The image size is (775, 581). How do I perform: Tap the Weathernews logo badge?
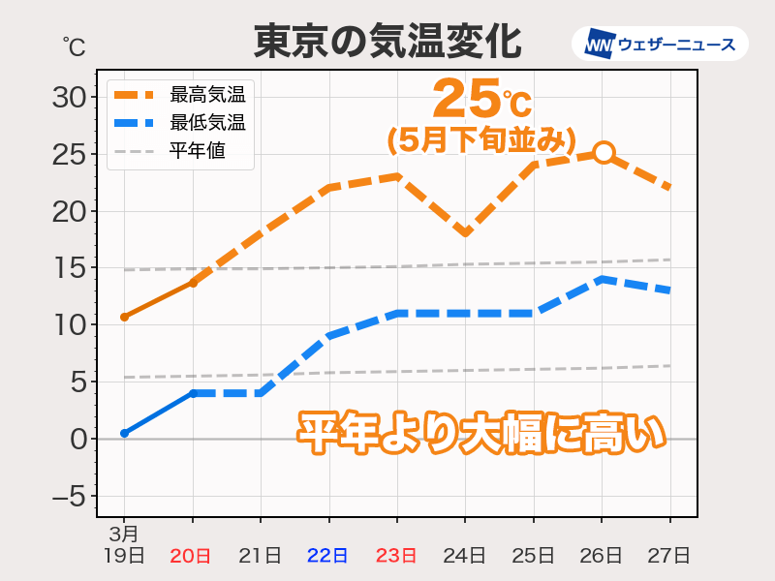(660, 45)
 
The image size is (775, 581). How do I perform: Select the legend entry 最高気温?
(206, 95)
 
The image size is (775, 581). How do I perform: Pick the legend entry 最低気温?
(206, 123)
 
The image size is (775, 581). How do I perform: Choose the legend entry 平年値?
(197, 151)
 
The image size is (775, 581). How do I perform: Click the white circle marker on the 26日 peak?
(604, 152)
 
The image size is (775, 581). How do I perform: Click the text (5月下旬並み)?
(475, 141)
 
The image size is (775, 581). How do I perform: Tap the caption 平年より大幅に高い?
(481, 432)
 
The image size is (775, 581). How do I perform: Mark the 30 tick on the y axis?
(69, 97)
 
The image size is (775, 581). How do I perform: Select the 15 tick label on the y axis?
(69, 268)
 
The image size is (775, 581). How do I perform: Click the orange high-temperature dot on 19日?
(124, 317)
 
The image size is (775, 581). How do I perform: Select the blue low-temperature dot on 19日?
(124, 433)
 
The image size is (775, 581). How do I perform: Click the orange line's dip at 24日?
(466, 232)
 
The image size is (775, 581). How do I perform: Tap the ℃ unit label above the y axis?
(74, 46)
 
